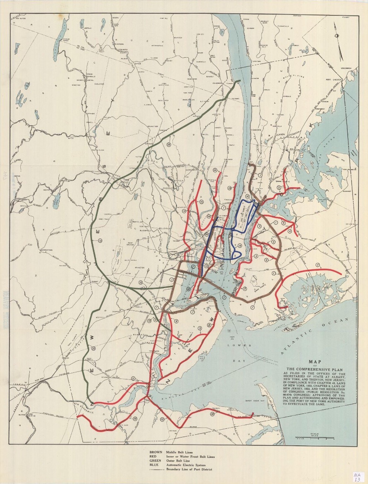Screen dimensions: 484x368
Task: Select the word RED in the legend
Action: click(x=153, y=457)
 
